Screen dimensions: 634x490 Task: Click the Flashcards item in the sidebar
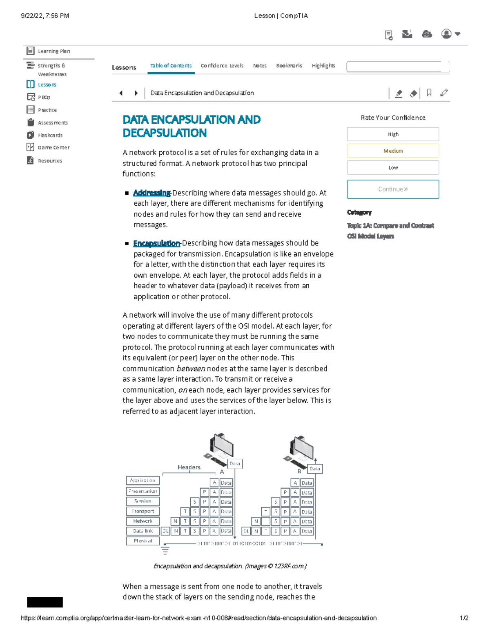click(50, 135)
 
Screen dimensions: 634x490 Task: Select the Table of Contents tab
click(171, 66)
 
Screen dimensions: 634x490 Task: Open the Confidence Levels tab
click(222, 66)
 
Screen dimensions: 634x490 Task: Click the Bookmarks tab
click(289, 66)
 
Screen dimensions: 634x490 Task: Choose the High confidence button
click(393, 134)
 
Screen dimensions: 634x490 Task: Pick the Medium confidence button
click(393, 151)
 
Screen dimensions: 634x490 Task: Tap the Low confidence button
click(393, 168)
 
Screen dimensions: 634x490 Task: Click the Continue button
click(393, 189)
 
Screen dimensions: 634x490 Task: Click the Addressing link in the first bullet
click(152, 193)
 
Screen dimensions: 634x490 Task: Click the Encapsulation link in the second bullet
click(156, 243)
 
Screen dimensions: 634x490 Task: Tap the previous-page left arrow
click(121, 93)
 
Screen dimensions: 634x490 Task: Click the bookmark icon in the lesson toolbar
click(429, 93)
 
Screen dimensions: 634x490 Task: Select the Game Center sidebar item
click(53, 147)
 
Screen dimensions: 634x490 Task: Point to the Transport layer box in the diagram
click(143, 511)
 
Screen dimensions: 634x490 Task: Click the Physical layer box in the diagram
click(143, 541)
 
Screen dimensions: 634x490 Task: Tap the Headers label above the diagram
click(189, 467)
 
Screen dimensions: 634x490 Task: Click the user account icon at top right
click(447, 34)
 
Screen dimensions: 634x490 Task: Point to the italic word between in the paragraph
click(191, 369)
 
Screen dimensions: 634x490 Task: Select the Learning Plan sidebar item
click(53, 51)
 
